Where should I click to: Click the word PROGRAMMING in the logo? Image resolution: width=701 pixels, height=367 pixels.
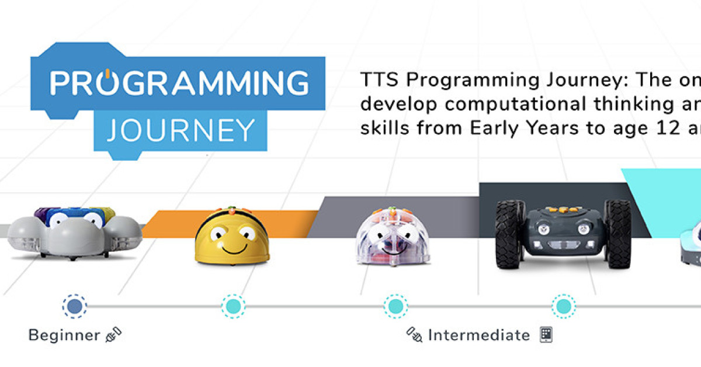179,82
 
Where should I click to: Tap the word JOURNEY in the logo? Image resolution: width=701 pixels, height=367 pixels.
181,130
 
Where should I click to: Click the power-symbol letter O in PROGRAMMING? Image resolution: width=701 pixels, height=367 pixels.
107,82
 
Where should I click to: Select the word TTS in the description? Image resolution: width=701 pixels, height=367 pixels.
379,79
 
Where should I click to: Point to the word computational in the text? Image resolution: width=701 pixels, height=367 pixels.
516,105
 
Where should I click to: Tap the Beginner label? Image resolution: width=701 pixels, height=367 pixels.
64,335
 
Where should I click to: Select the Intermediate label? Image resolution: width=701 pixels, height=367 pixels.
479,335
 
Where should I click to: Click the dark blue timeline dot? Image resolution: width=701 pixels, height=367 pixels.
75,306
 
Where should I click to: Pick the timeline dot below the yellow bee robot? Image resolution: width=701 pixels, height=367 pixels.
234,306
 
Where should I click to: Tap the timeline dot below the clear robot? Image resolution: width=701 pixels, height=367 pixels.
395,306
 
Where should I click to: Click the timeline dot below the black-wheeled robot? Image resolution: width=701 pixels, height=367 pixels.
564,306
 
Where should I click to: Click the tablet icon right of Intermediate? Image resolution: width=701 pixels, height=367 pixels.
546,335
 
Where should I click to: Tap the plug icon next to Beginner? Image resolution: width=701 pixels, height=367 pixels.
113,335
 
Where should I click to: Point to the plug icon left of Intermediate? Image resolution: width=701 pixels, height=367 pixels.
414,335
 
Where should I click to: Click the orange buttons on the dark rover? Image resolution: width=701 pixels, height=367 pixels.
561,210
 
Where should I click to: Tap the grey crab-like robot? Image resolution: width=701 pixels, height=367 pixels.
75,233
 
